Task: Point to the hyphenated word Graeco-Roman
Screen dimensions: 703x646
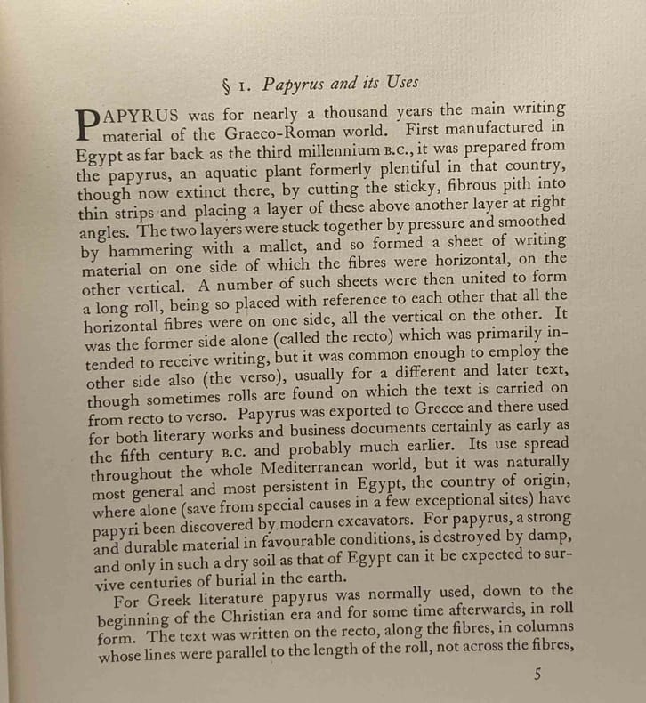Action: click(x=279, y=132)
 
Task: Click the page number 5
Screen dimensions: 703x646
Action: click(x=537, y=675)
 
